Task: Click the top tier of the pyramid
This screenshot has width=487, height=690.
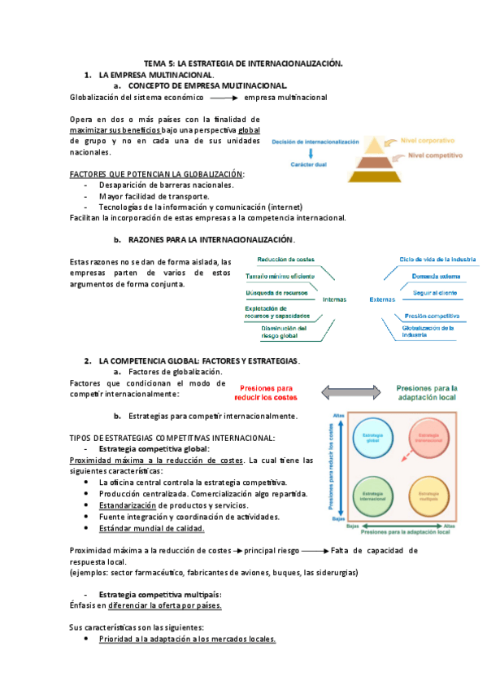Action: (x=373, y=142)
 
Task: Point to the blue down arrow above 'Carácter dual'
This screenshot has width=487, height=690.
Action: (x=311, y=153)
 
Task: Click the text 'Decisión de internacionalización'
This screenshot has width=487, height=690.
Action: (x=315, y=142)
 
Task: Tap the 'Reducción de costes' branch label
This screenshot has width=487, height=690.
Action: (x=285, y=260)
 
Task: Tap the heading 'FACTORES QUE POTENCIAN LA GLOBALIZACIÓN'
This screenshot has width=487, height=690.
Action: (x=157, y=174)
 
